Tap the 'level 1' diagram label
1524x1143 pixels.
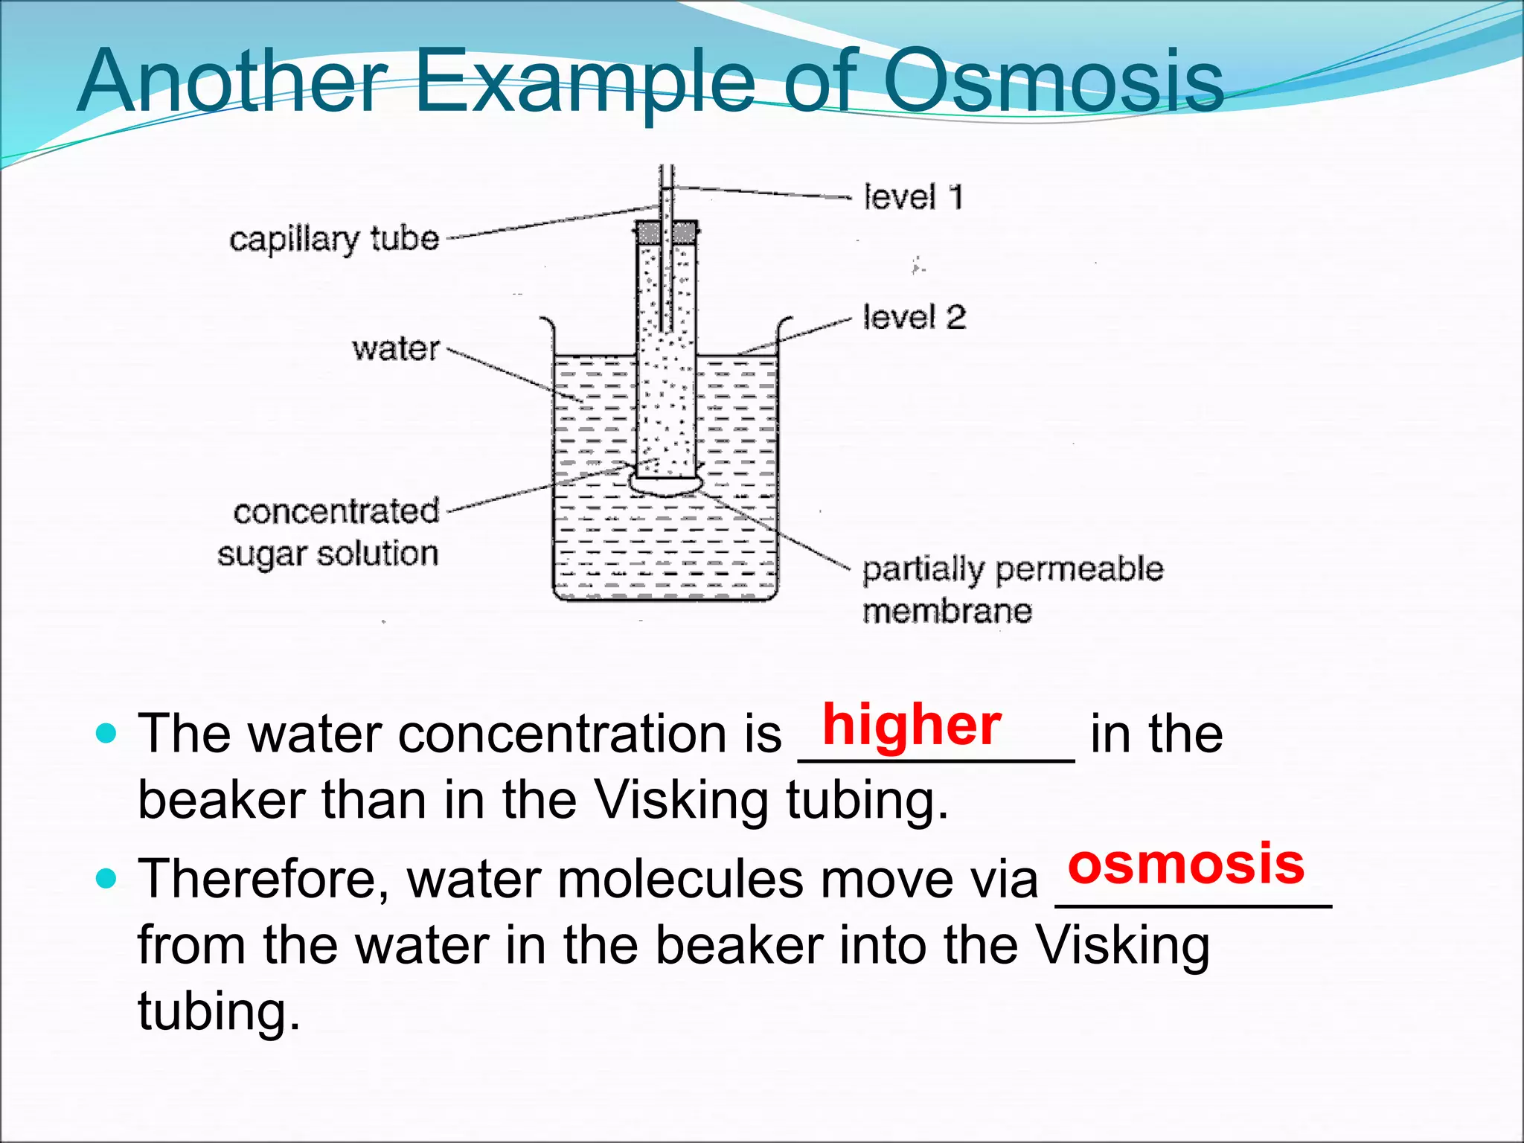pos(913,197)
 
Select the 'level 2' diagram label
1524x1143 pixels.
pos(914,318)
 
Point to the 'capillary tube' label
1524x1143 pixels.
pos(334,240)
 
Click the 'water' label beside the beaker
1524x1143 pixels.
pos(396,348)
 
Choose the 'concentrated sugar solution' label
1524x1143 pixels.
pos(329,533)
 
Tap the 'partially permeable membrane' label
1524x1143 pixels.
pos(1012,589)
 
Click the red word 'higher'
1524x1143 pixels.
pos(912,725)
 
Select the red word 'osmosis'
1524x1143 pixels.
pos(1185,864)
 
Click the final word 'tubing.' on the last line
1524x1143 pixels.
pos(219,1012)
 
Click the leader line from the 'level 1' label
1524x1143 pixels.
pos(766,193)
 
